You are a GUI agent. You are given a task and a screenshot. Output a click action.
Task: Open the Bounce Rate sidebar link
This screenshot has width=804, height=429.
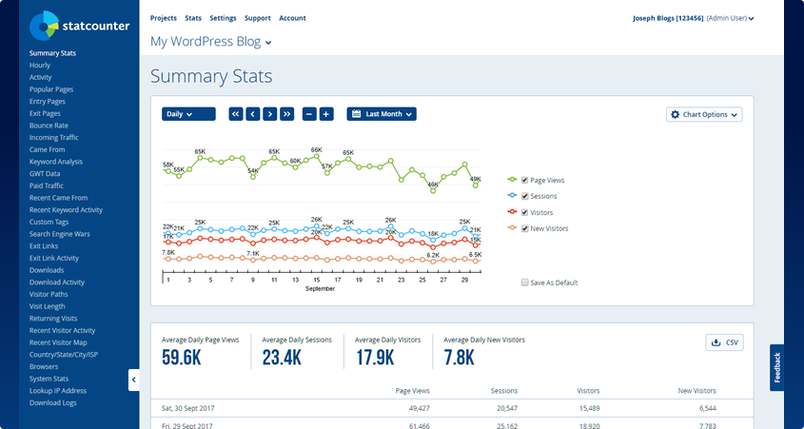coord(49,126)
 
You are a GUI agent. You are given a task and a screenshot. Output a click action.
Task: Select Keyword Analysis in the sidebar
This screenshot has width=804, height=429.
coord(56,162)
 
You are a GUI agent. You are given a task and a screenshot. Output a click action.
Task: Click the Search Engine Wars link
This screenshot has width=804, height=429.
coord(60,234)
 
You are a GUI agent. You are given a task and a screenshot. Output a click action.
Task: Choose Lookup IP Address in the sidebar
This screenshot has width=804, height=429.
coord(58,391)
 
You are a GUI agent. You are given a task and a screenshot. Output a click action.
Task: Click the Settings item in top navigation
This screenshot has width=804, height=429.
coord(223,18)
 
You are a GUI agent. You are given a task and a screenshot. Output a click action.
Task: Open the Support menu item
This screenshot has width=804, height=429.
coord(257,18)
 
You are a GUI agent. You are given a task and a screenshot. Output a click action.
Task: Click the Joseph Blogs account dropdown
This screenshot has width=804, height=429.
coord(693,18)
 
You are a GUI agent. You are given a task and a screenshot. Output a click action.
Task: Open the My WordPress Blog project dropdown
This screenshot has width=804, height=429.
coord(211,42)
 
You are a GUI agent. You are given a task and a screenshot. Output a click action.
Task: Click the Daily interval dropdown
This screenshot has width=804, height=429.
coord(188,114)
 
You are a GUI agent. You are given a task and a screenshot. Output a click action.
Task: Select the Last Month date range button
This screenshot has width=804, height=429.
coord(382,114)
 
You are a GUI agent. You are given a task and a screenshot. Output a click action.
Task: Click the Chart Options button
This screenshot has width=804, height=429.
coord(704,114)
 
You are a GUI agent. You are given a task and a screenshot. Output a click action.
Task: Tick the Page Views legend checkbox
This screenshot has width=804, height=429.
coord(524,180)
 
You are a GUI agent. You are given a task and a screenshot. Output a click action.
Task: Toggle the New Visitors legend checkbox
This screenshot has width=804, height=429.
coord(524,228)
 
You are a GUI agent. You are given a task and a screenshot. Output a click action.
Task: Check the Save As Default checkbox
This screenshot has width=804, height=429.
coord(525,283)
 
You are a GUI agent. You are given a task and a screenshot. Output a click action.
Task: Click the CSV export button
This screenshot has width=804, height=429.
coord(724,342)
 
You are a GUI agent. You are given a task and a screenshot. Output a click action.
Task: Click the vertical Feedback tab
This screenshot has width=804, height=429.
coord(776,368)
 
